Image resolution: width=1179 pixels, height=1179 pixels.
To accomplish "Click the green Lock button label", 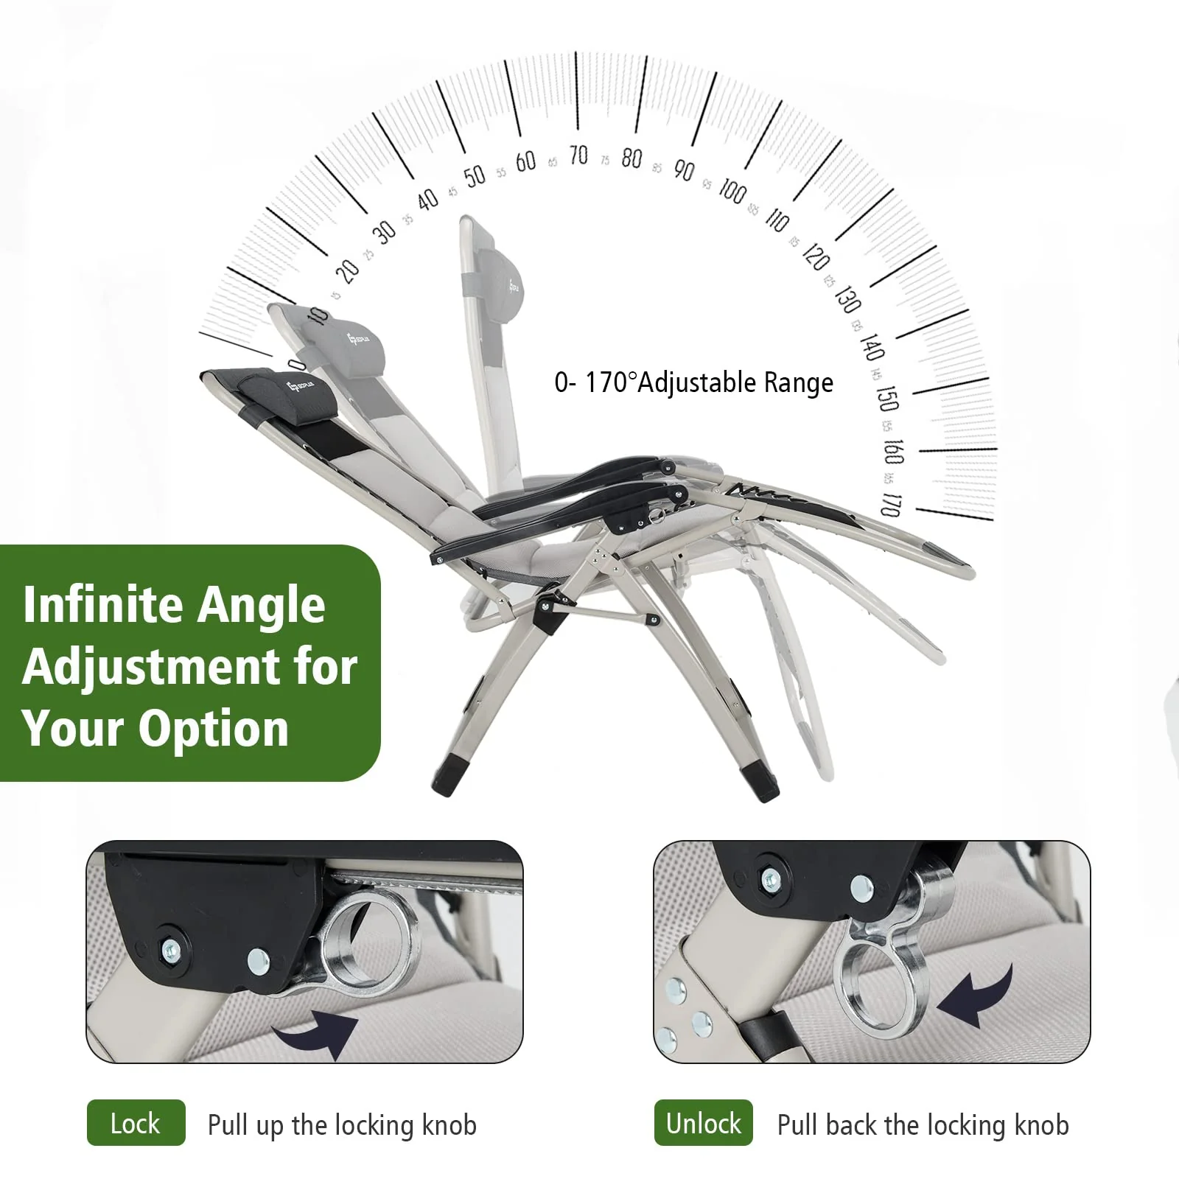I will [136, 1123].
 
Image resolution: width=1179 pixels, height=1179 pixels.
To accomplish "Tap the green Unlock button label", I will [703, 1123].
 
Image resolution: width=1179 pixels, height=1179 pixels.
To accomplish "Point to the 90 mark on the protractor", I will [684, 170].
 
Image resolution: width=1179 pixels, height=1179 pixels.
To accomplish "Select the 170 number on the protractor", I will [891, 505].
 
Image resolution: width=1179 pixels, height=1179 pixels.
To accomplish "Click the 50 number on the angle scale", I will [475, 175].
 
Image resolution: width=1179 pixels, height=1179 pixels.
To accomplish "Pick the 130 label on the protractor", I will [847, 299].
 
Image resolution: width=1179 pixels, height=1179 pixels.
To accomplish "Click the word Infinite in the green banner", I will [100, 606].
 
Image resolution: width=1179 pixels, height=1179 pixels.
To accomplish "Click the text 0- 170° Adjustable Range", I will [693, 382].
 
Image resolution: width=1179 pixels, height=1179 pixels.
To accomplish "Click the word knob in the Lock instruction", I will [449, 1124].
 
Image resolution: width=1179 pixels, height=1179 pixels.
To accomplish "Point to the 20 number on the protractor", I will [347, 271].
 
